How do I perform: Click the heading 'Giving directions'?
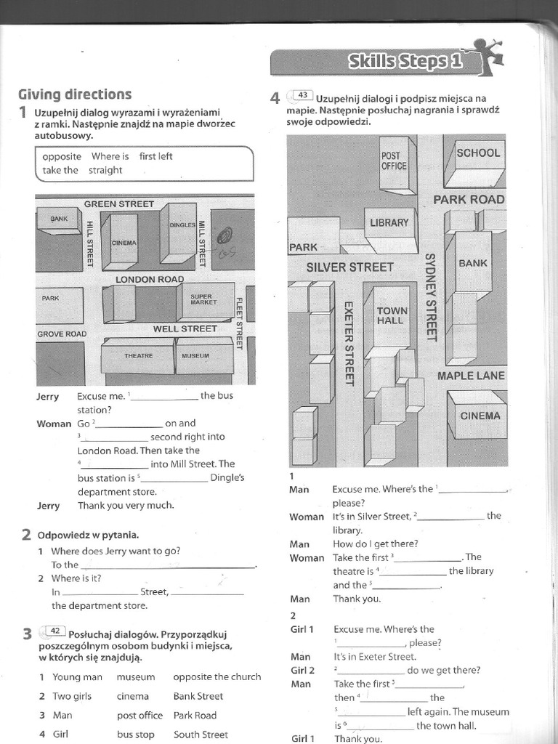coord(75,94)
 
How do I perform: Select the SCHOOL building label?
coord(478,153)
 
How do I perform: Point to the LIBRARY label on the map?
coord(389,223)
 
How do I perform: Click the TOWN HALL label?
coord(392,315)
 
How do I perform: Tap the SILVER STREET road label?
coord(349,267)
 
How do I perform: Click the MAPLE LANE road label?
coord(470,376)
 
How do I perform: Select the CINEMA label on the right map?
coord(480,416)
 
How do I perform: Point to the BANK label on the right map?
coord(473,263)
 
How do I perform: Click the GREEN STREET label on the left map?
coord(119,204)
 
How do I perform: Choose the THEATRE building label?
coord(138,356)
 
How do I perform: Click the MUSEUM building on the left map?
coord(195,356)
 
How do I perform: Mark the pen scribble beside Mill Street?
coord(225,236)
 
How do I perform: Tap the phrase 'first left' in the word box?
coord(155,156)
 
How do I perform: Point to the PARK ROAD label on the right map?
coord(469,199)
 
